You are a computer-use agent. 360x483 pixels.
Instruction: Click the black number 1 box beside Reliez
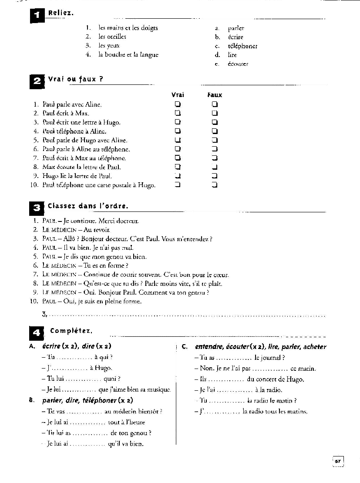37,16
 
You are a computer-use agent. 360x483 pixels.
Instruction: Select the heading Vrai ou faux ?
75,79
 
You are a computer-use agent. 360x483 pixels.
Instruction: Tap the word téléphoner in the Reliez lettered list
242,46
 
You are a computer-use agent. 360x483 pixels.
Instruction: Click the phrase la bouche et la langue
128,55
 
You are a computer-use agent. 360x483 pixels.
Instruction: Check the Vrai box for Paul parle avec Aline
178,104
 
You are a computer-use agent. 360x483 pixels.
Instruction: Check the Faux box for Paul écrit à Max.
215,113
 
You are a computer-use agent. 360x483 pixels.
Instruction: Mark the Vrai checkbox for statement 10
178,185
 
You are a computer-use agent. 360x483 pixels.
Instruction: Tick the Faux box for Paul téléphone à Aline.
215,131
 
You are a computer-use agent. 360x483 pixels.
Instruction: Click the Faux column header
215,95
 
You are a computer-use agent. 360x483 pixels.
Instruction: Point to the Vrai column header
178,95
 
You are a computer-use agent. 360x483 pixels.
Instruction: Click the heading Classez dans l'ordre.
88,206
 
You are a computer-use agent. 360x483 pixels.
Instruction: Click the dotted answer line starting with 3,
187,315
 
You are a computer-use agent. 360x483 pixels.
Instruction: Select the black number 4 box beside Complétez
37,333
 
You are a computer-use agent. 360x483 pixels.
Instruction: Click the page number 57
338,461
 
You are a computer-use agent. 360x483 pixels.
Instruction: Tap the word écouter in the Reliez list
238,64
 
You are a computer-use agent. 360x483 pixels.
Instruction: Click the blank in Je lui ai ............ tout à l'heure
87,423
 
